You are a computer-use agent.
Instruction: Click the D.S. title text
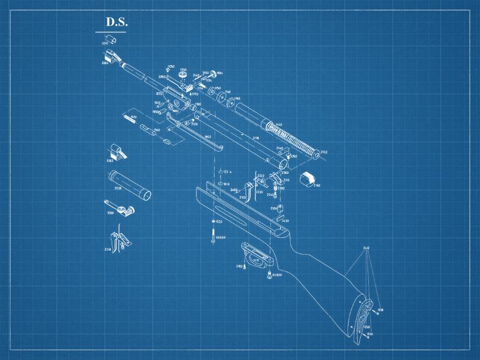(x=116, y=22)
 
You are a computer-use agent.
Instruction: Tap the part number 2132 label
(x=323, y=152)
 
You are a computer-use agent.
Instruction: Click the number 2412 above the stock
(x=366, y=248)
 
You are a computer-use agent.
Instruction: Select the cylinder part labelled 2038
(x=129, y=185)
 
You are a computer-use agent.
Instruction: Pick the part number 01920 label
(x=277, y=275)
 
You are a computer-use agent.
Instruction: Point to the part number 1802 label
(x=208, y=137)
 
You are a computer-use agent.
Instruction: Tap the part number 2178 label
(x=256, y=138)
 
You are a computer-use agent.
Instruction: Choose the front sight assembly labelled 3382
(x=118, y=151)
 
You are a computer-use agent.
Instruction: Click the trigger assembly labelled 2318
(x=122, y=239)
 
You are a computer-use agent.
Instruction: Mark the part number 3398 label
(x=110, y=213)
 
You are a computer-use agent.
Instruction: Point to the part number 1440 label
(x=278, y=125)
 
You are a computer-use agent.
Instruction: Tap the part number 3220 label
(x=105, y=42)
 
